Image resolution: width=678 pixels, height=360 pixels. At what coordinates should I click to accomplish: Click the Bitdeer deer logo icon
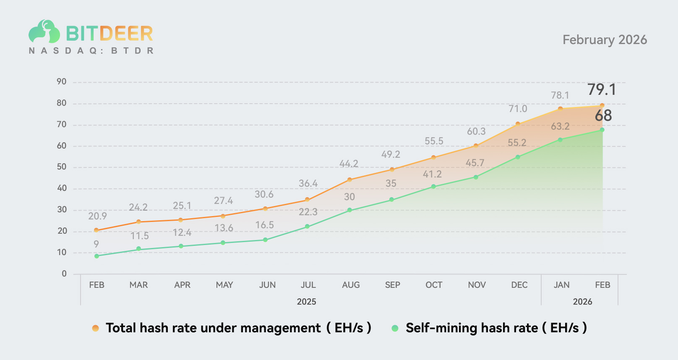44,31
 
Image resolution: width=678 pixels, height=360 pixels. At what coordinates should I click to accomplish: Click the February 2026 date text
605,40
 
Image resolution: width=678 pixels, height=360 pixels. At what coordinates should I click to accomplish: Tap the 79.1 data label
602,89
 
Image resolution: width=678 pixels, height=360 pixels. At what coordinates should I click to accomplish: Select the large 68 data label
603,115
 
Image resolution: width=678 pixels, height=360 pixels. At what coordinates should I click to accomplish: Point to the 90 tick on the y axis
62,82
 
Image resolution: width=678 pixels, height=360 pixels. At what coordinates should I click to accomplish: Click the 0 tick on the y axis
64,274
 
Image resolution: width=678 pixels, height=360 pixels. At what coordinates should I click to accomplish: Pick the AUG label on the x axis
351,285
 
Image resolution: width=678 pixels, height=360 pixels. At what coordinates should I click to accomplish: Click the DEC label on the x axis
519,285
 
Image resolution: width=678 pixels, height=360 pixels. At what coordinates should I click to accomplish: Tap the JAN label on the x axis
561,285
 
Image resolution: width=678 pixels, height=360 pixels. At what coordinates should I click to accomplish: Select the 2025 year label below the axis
306,302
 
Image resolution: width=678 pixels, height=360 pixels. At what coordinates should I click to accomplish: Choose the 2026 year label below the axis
582,302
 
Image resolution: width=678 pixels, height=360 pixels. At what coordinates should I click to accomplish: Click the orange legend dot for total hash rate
96,328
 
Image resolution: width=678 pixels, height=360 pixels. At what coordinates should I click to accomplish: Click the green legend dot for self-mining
395,328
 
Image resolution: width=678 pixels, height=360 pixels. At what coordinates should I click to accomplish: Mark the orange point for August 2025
349,180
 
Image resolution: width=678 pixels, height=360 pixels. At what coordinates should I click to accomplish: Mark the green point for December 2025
518,157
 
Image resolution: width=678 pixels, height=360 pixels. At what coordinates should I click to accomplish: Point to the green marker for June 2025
265,240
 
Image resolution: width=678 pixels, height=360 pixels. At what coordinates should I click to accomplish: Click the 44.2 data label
349,164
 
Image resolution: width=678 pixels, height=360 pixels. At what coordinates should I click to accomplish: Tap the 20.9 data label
97,216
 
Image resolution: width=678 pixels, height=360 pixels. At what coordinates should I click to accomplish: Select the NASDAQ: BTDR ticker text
91,51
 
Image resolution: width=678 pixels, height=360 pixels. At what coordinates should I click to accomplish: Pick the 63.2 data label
560,126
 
